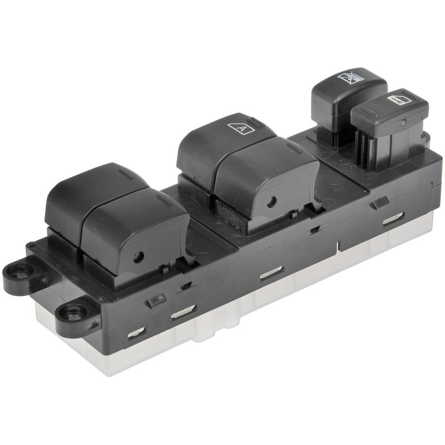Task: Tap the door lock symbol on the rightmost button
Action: point(399,100)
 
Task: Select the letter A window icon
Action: point(241,128)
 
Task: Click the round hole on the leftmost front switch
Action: point(139,256)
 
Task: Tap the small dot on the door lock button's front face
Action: point(403,122)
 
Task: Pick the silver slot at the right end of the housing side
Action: point(393,219)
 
